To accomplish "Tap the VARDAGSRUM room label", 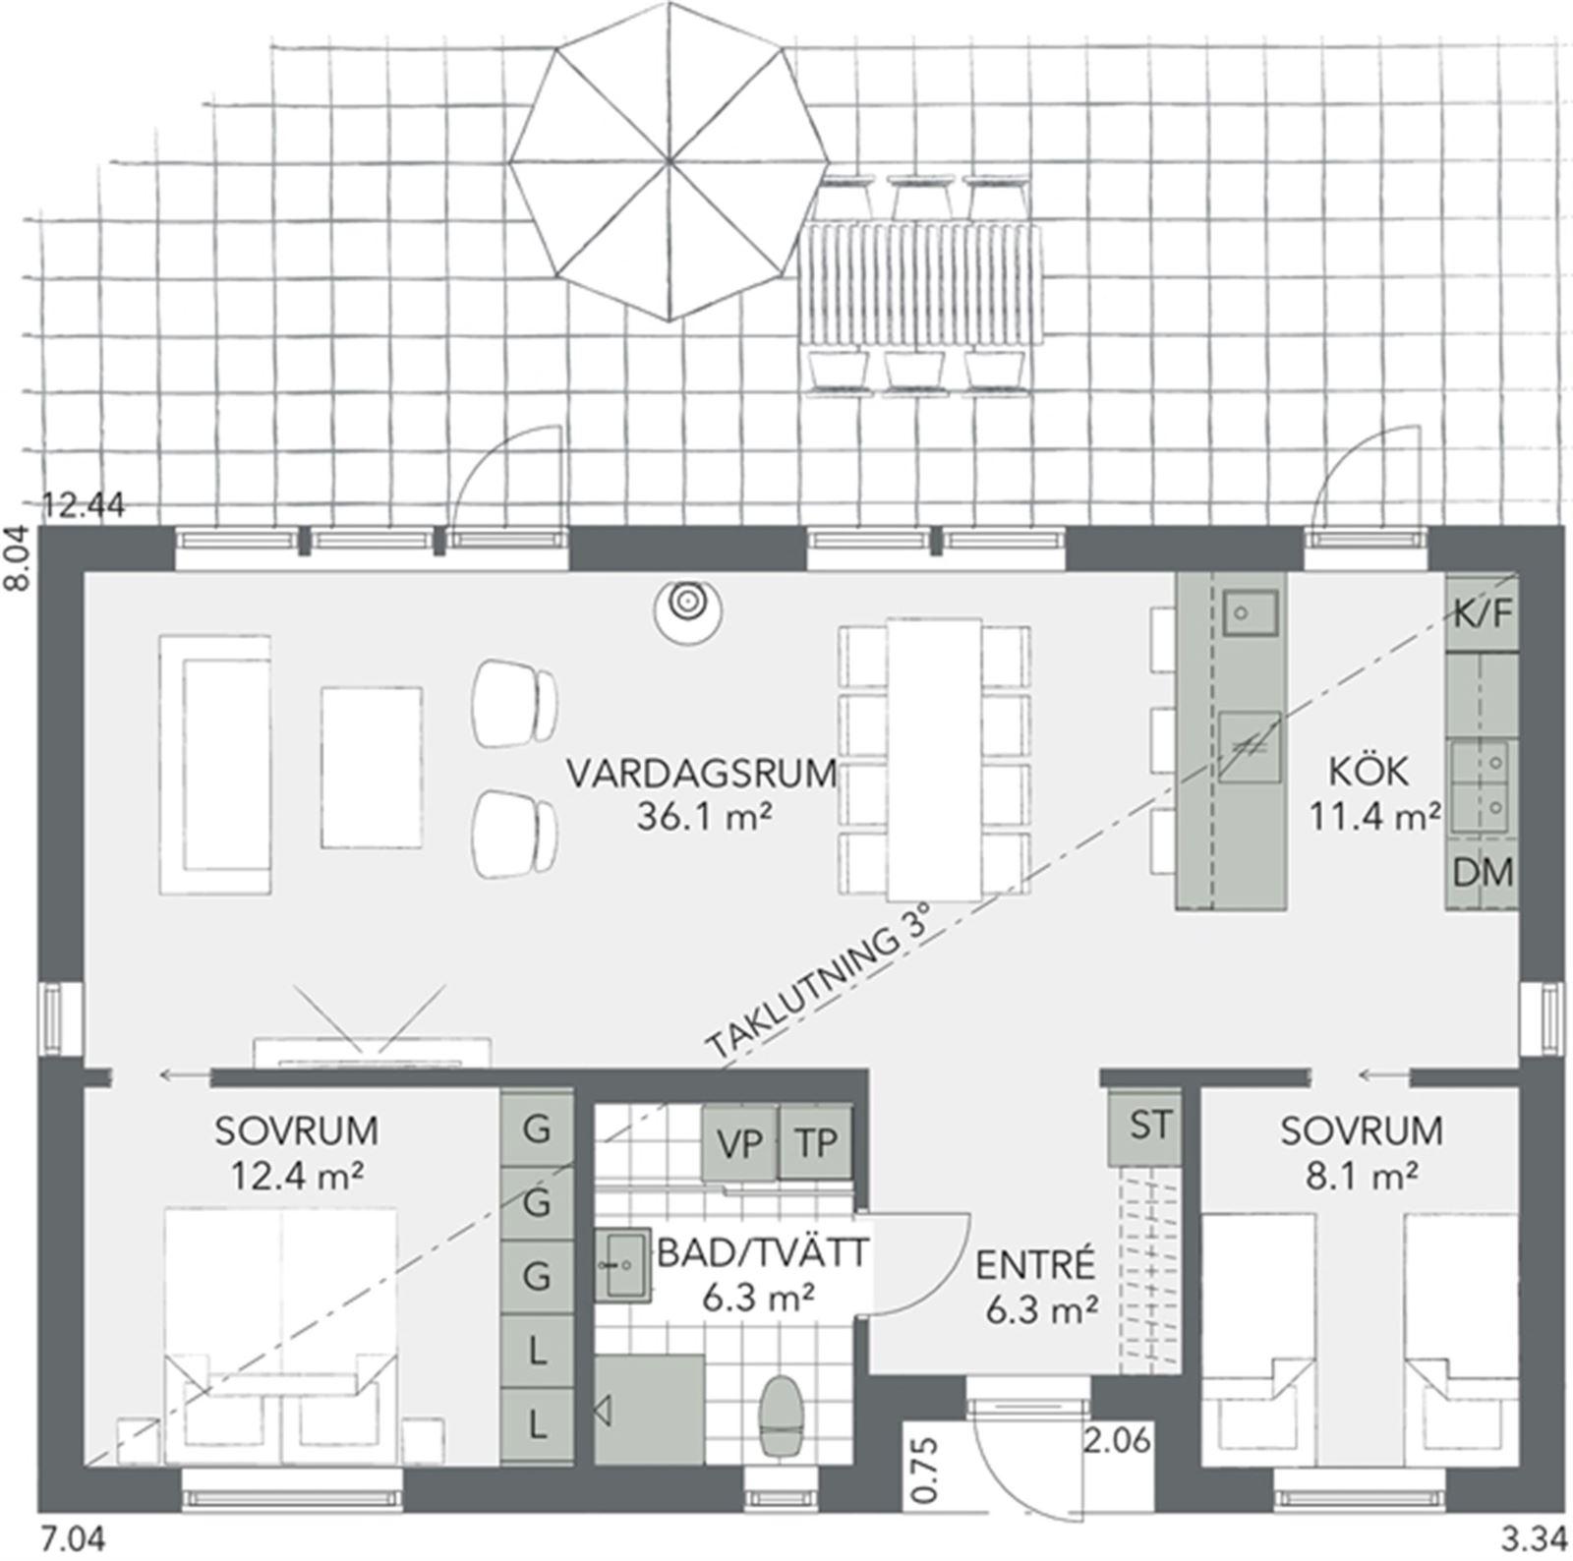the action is point(701,774).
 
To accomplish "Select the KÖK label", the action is point(1369,771).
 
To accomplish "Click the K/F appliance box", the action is point(1483,615).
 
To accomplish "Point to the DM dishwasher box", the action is point(1483,872).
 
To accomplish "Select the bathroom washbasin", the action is point(621,1263).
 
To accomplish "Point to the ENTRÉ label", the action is point(1035,1265).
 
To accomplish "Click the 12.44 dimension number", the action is point(85,506).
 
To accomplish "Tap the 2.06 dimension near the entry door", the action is point(1116,1442).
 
